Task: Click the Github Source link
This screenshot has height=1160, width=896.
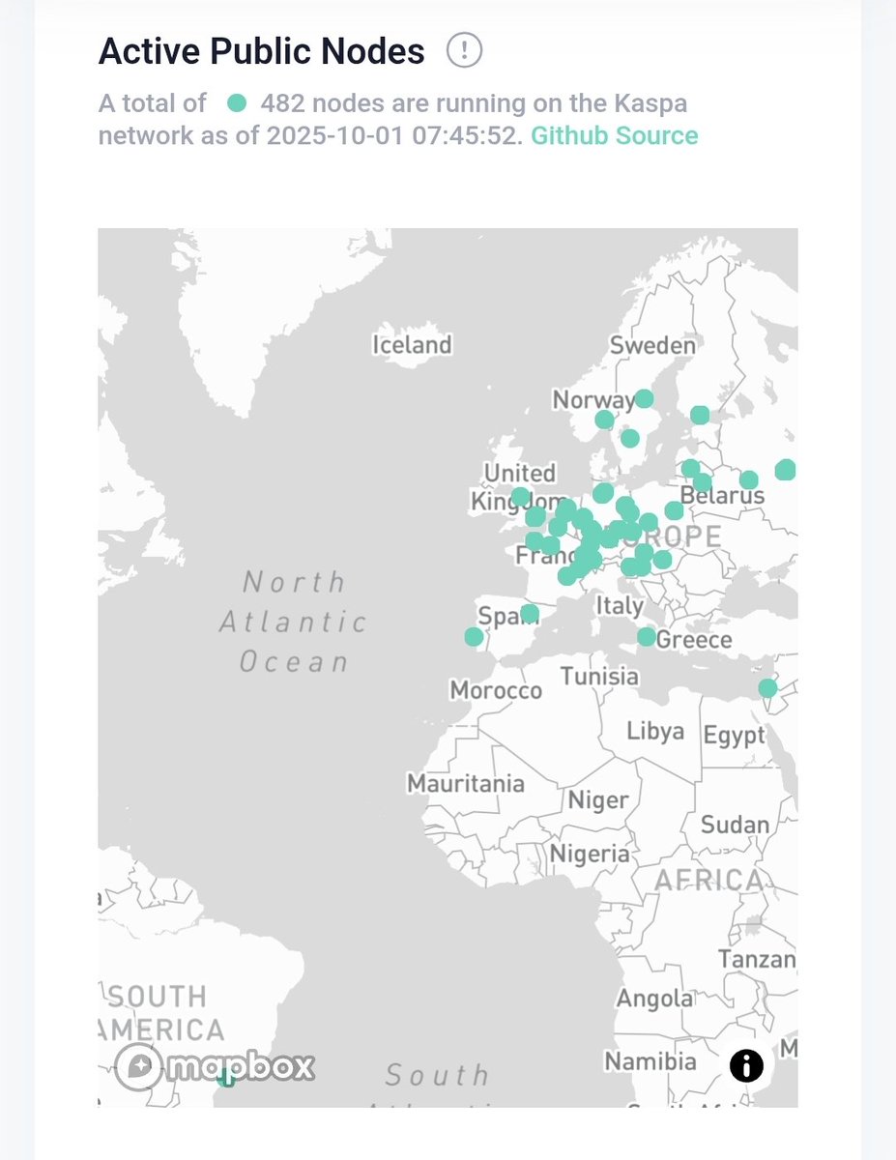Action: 614,135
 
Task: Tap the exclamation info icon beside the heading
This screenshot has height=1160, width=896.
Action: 464,50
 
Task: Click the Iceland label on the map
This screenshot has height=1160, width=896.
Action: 413,345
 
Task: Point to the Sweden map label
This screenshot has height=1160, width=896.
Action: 652,346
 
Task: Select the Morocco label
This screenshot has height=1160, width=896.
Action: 496,691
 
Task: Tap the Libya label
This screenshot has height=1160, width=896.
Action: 654,732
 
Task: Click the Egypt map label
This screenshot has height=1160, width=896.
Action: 734,736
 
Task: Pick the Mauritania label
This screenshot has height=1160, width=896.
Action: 466,783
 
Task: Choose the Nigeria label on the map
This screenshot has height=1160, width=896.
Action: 590,854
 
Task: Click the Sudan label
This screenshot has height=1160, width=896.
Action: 735,825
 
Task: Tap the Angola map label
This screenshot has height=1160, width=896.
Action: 654,999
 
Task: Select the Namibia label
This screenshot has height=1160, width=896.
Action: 650,1061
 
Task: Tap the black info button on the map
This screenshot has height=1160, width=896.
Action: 746,1066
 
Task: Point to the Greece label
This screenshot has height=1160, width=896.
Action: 694,640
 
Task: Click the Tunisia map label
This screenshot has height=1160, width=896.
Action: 599,677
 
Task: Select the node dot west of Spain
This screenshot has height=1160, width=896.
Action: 474,637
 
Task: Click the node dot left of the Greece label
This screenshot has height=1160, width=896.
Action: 646,637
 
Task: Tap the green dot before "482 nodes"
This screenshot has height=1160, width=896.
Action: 236,102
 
